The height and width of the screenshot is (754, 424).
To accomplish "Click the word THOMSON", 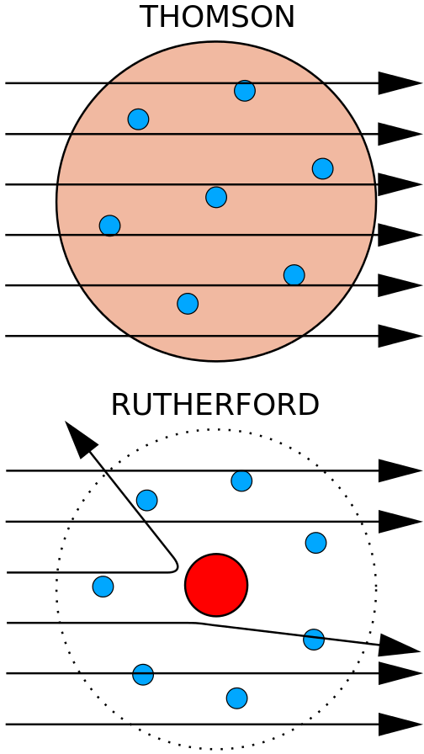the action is pyautogui.click(x=217, y=18).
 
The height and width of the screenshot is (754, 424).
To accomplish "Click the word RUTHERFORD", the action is pyautogui.click(x=215, y=405).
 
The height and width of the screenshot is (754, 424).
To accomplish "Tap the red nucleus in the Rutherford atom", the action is pyautogui.click(x=216, y=585).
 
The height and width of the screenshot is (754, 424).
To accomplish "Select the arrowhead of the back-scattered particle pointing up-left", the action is pyautogui.click(x=80, y=438).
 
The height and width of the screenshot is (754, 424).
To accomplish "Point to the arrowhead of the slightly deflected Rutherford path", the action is pyautogui.click(x=400, y=645).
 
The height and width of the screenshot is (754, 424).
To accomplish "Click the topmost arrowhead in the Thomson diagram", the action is pyautogui.click(x=400, y=83).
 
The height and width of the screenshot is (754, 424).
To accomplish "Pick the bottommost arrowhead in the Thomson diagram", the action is pyautogui.click(x=400, y=336).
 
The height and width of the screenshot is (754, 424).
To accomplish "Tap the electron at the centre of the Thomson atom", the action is pyautogui.click(x=216, y=197).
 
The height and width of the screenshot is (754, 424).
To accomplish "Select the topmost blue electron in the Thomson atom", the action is pyautogui.click(x=245, y=91).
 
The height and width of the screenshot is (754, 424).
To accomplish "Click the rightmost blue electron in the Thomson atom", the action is pyautogui.click(x=322, y=169).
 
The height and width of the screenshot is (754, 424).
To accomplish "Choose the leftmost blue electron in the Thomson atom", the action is pyautogui.click(x=109, y=226).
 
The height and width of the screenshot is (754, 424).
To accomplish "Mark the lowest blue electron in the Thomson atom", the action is pyautogui.click(x=188, y=304).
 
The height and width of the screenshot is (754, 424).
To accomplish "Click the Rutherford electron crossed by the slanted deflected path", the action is pyautogui.click(x=314, y=640).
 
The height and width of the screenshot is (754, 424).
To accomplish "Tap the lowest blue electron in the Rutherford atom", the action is pyautogui.click(x=237, y=698).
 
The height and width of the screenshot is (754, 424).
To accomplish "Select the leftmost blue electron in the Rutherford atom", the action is pyautogui.click(x=103, y=587).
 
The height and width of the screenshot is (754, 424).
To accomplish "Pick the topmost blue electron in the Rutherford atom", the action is pyautogui.click(x=241, y=481).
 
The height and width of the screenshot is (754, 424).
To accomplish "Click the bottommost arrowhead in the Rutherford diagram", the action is pyautogui.click(x=400, y=725).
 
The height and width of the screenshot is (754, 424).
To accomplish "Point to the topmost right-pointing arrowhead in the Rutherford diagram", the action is pyautogui.click(x=400, y=470).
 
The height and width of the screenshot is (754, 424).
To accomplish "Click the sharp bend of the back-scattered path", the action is pyautogui.click(x=176, y=566).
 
